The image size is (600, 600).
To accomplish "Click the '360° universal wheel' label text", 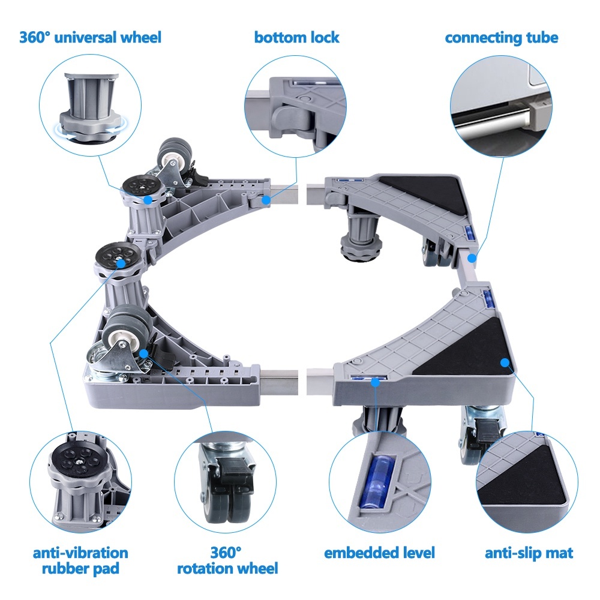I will [x=90, y=37].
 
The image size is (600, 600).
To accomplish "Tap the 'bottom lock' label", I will [x=296, y=37].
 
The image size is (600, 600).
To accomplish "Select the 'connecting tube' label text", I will [x=501, y=37].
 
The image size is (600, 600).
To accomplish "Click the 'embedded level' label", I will [x=379, y=553].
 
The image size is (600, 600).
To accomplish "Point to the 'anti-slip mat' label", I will [x=529, y=553].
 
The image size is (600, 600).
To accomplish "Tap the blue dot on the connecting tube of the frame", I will [x=472, y=259].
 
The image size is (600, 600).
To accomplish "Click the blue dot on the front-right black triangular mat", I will [x=505, y=362].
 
